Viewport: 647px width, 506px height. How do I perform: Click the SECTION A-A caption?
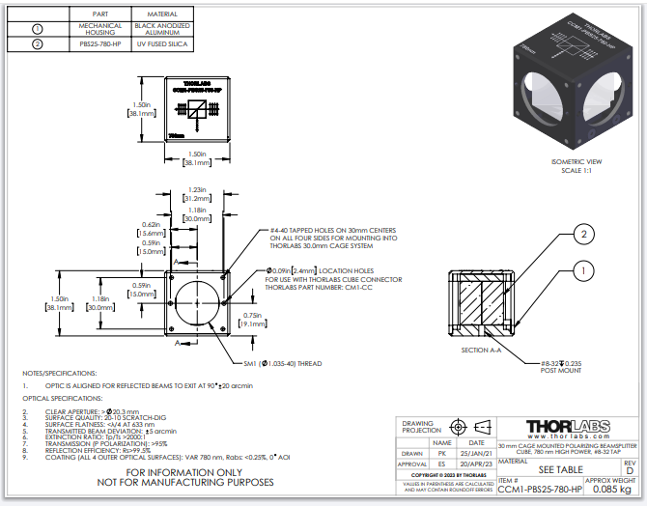482,350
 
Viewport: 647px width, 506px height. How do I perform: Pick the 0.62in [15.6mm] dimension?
150,229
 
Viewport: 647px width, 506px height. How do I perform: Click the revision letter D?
630,471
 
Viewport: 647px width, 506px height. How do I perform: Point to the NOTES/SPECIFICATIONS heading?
60,371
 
